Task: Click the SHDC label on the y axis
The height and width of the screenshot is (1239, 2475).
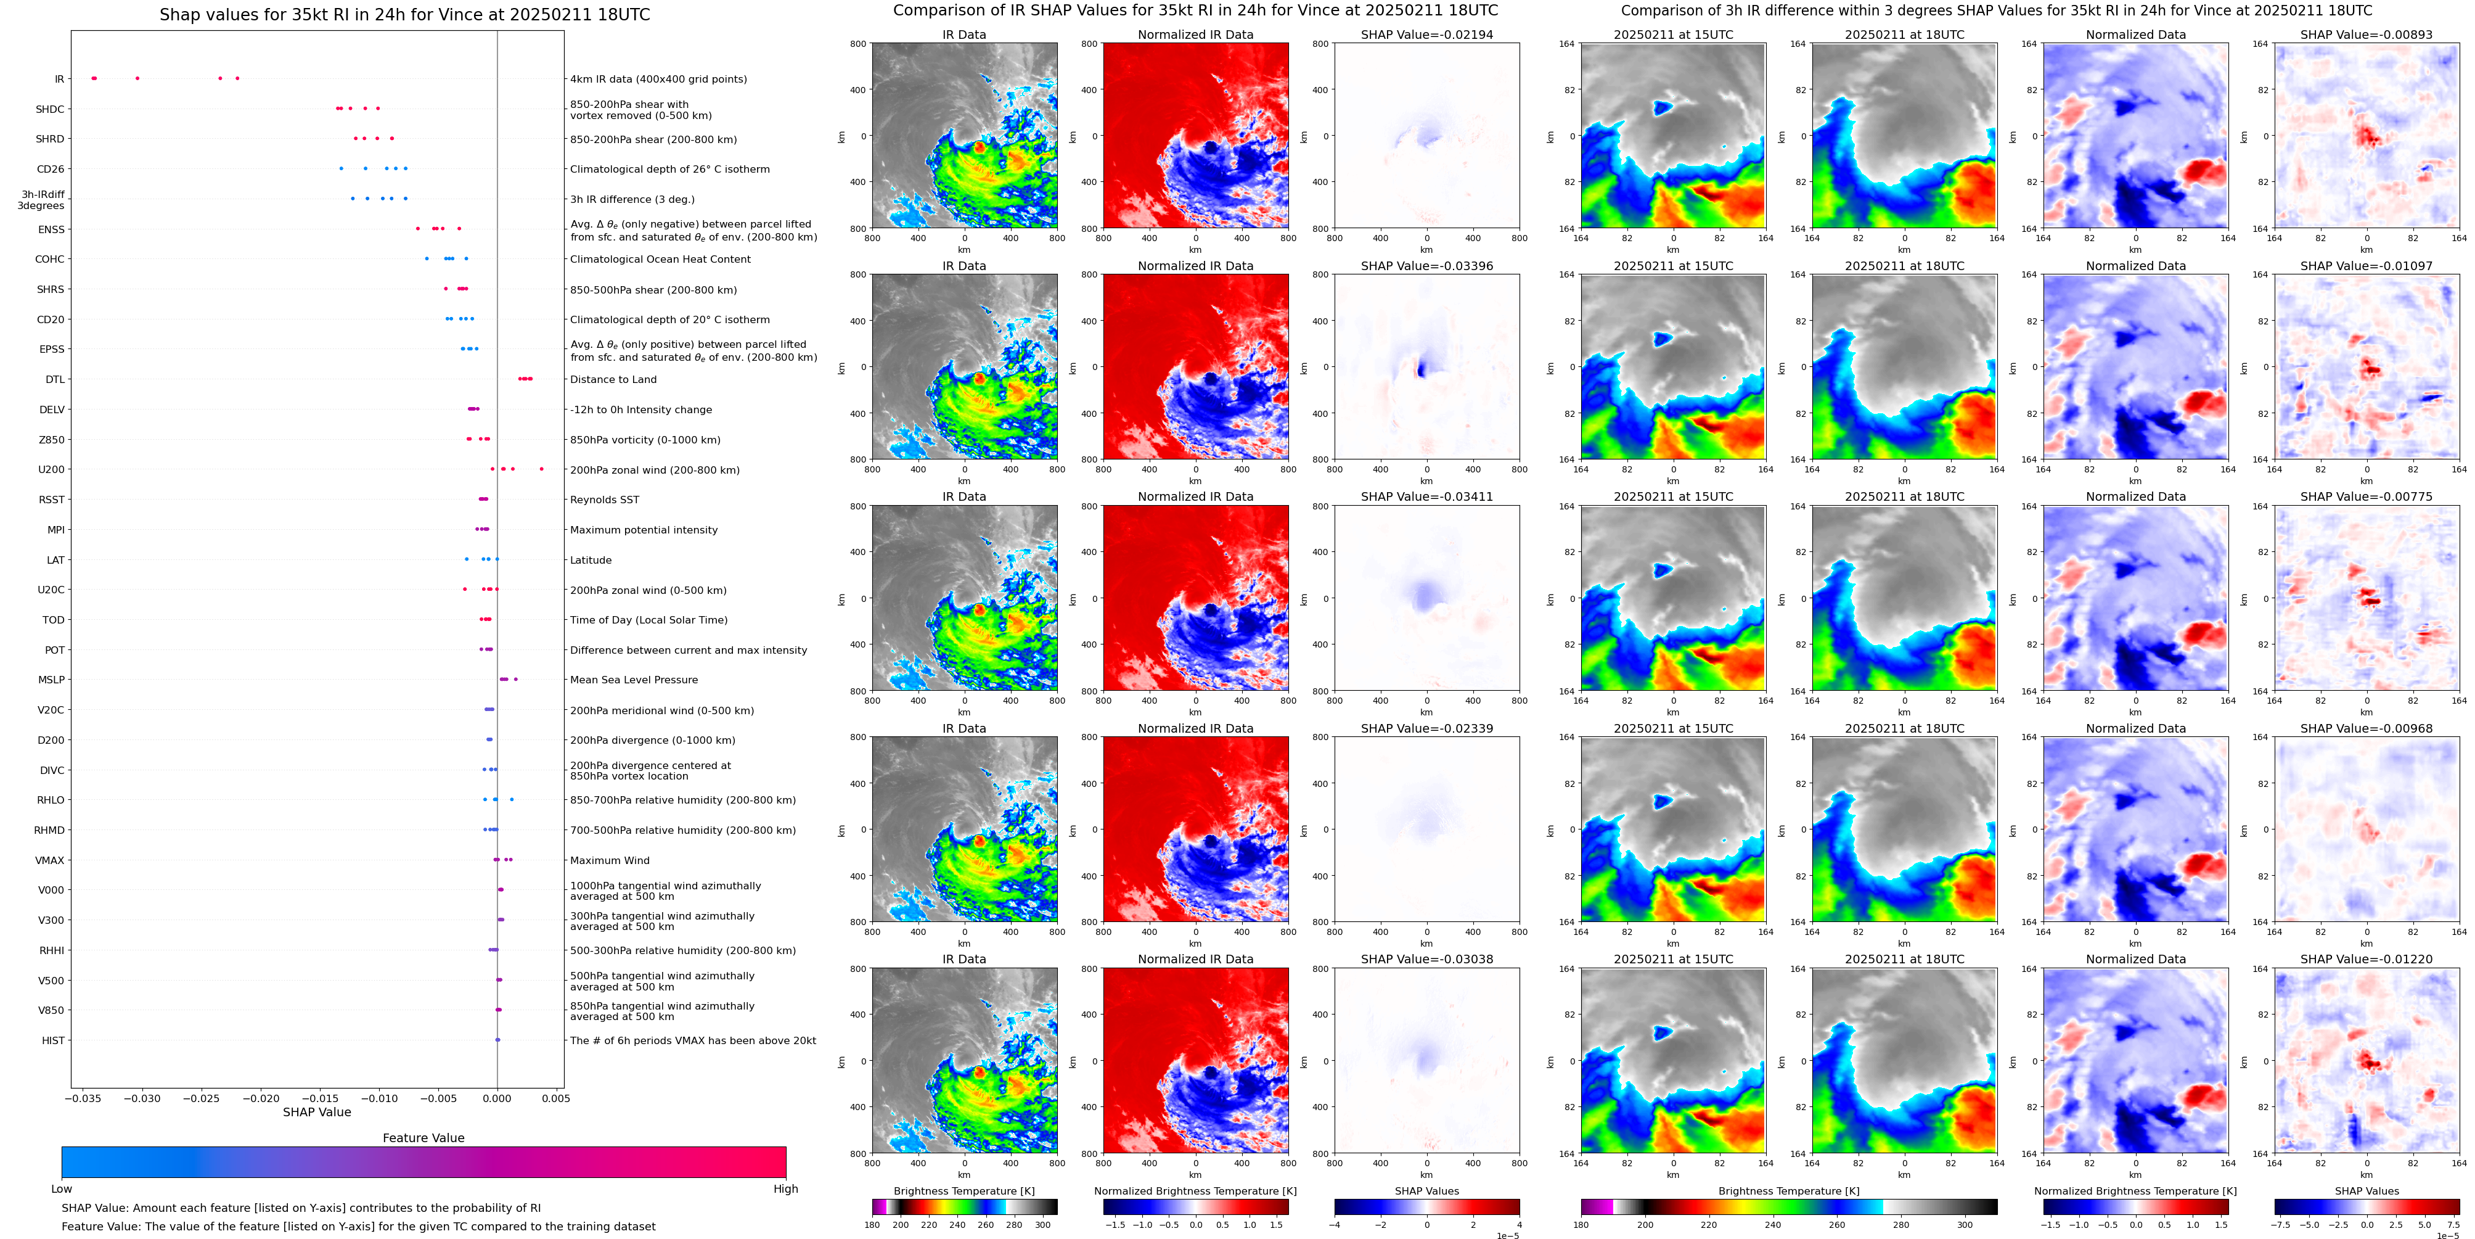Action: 50,110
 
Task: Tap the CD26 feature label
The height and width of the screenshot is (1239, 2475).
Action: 51,169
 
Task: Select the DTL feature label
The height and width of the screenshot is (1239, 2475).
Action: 55,380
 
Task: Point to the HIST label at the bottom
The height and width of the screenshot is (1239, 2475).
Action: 53,1040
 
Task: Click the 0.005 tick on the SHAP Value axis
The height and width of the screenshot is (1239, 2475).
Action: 555,1098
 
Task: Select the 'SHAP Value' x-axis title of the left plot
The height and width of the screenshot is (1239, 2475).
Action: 317,1112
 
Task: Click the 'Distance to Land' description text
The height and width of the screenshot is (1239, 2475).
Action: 613,380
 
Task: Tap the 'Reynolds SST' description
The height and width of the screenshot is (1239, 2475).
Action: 604,500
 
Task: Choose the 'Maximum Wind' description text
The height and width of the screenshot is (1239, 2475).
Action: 609,860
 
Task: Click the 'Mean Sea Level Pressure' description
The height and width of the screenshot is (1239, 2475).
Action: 634,680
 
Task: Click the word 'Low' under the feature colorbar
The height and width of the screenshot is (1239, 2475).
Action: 62,1189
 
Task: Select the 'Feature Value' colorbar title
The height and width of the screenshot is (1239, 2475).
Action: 423,1138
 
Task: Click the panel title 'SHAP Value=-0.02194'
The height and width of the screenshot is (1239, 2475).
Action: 1427,35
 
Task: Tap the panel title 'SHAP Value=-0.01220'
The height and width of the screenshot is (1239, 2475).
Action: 2367,959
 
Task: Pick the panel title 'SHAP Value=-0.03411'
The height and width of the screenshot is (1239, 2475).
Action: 1427,497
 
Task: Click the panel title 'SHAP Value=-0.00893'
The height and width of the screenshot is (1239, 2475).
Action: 2367,35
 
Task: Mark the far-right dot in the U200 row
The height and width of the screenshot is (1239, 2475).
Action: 542,469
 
